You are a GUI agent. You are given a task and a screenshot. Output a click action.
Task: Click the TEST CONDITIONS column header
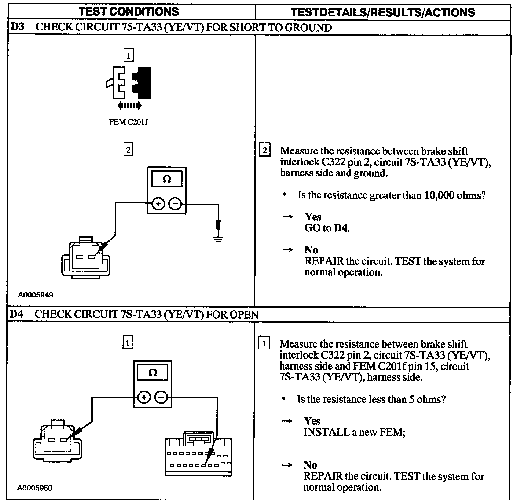pos(129,11)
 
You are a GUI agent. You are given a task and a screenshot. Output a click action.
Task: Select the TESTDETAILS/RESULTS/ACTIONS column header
pos(382,12)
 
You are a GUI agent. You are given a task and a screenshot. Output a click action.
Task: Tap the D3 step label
pos(17,27)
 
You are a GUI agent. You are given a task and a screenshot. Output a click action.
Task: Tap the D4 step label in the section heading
pos(16,314)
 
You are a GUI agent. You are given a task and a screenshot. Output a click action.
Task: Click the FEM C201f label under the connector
pos(128,122)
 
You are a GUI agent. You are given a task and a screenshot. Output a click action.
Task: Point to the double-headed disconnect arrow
pos(129,106)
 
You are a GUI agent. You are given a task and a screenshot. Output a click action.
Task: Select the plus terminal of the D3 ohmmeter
pos(158,204)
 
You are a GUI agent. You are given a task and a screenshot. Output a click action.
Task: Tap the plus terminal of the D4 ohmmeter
pos(144,397)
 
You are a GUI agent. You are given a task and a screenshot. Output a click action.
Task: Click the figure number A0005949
pos(36,295)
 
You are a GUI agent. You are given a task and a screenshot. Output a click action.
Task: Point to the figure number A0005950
pos(35,488)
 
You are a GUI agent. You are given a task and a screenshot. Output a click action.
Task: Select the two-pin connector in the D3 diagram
pos(85,256)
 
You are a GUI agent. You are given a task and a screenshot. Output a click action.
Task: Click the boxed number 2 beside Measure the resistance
pos(265,150)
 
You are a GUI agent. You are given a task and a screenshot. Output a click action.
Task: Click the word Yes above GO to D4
pos(312,217)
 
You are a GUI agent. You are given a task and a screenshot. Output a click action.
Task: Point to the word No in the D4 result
pos(310,465)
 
